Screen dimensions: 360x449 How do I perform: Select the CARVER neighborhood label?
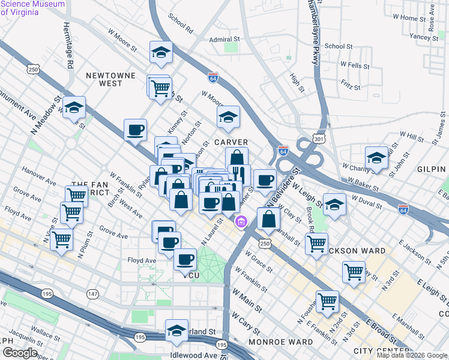tap(231, 142)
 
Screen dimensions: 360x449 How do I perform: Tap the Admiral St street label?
tap(224, 39)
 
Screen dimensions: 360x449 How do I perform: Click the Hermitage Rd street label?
tap(70, 50)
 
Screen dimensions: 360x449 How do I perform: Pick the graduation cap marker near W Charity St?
tap(376, 158)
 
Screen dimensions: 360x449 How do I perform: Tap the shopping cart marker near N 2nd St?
tap(327, 301)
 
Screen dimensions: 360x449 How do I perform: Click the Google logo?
tap(20, 353)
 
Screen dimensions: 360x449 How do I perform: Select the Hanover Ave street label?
tap(38, 174)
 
